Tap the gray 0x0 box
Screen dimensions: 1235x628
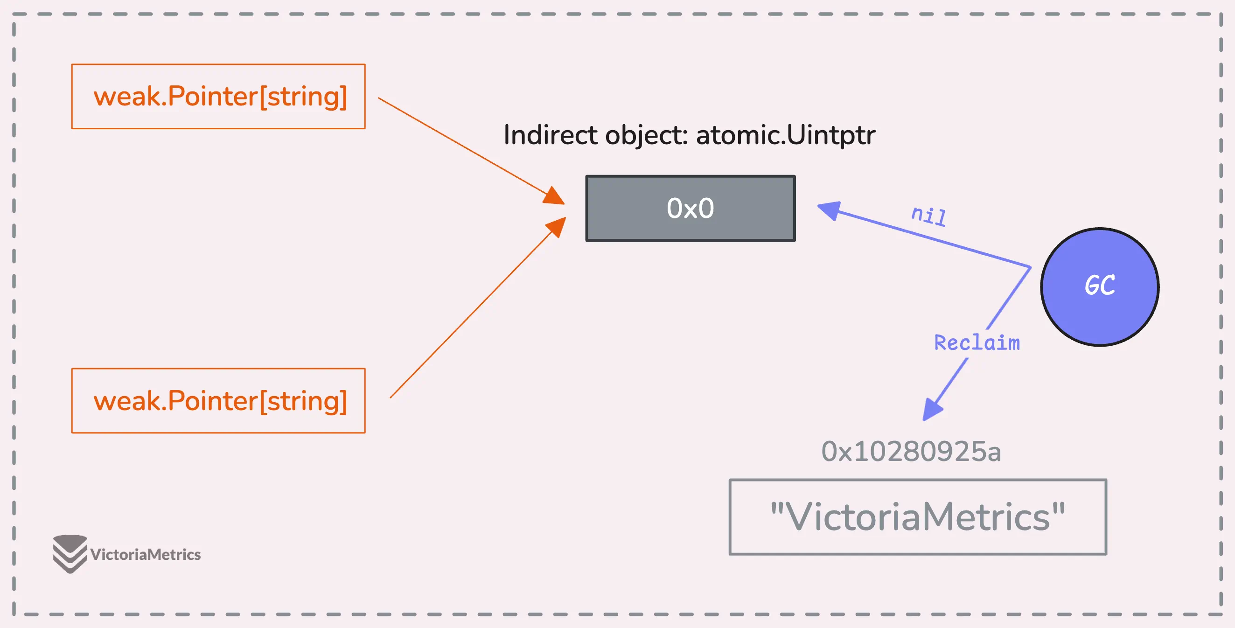coord(691,208)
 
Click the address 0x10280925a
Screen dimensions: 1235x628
coord(911,452)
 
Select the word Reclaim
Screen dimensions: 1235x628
coord(977,343)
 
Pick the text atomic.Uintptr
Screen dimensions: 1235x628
coord(785,135)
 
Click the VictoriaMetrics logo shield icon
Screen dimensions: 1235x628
coord(70,554)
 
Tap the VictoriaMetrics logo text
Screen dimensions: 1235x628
coord(145,555)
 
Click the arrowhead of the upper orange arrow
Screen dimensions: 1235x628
coord(554,195)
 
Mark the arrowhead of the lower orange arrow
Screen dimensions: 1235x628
coord(556,227)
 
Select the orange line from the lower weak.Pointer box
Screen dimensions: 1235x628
coord(478,307)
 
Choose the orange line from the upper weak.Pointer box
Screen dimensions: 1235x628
coord(472,151)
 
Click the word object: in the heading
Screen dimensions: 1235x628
coord(647,136)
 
